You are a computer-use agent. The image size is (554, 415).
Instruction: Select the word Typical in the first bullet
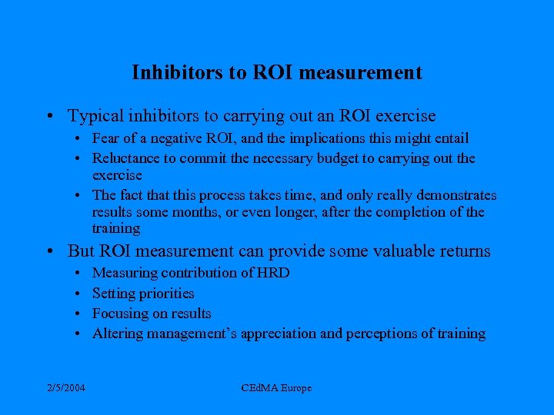(x=95, y=116)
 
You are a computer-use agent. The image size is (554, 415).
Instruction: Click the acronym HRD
(x=273, y=273)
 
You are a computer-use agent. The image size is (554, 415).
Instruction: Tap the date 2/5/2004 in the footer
(x=66, y=388)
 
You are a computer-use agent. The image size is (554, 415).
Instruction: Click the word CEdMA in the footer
(x=259, y=388)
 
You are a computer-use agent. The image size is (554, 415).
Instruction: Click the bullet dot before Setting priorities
(x=81, y=294)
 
